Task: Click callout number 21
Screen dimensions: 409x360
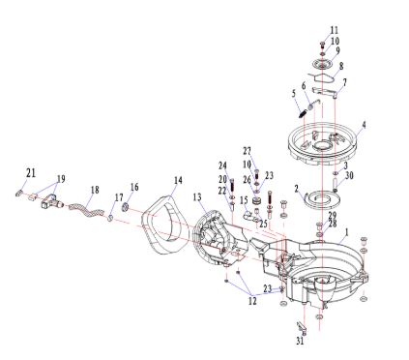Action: [31, 173]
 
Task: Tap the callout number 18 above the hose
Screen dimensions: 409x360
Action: [95, 190]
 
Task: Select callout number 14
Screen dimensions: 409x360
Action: [178, 180]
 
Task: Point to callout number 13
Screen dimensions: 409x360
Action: [197, 196]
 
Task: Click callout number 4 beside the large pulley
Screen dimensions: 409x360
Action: [364, 125]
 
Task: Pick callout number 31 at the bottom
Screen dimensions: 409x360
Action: [300, 341]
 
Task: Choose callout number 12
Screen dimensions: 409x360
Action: [252, 301]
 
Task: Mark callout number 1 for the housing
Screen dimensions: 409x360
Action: [347, 232]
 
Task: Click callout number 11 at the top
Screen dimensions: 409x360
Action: [335, 30]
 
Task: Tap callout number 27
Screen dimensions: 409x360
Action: [248, 151]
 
